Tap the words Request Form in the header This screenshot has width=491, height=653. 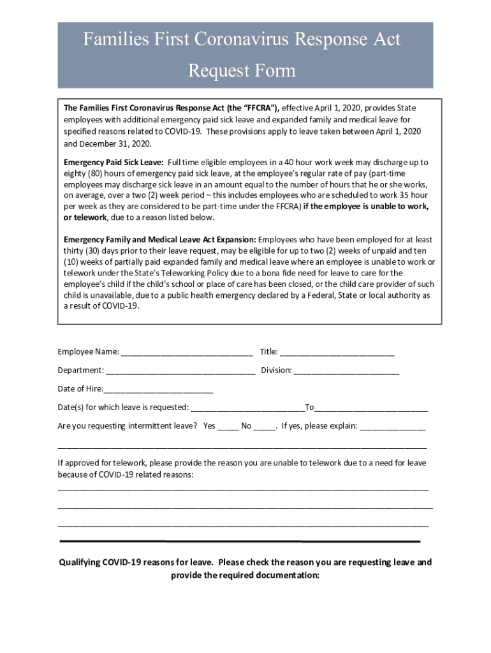242,70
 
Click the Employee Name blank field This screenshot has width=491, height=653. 187,351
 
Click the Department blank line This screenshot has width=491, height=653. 180,370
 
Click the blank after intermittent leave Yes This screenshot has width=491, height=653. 228,426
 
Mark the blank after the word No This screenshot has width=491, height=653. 264,426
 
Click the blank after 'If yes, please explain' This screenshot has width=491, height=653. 393,426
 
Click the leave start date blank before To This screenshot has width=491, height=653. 247,407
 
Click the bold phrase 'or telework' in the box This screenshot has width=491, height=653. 85,217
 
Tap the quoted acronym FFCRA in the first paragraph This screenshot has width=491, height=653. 261,108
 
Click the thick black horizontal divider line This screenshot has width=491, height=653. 240,541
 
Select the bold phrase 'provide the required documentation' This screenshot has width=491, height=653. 244,575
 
